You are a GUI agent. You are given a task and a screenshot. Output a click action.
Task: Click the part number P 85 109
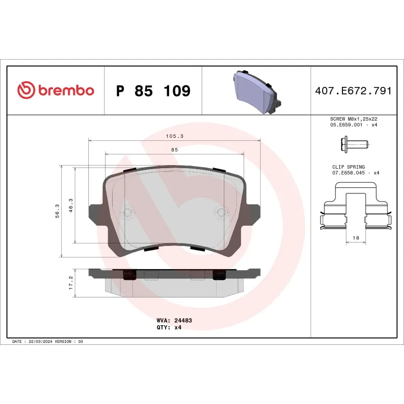point(153,91)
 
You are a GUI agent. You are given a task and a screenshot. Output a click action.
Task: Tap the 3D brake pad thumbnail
point(257,91)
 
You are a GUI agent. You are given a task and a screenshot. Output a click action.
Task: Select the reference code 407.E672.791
point(353,91)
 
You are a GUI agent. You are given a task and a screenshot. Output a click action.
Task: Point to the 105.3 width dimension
point(174,136)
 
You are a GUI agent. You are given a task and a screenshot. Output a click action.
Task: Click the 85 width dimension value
point(174,149)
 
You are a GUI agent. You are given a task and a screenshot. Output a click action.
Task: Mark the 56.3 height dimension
point(58,211)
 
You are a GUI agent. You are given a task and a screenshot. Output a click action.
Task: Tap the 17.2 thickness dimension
point(71,281)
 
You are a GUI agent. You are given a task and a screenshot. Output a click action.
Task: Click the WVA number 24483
point(183,320)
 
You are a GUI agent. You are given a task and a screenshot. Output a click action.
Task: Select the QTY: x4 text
point(169,327)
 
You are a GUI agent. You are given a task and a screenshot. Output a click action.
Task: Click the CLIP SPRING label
point(348,167)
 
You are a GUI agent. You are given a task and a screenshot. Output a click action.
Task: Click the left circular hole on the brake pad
point(128,212)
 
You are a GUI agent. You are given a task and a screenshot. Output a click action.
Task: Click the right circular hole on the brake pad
point(221,212)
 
